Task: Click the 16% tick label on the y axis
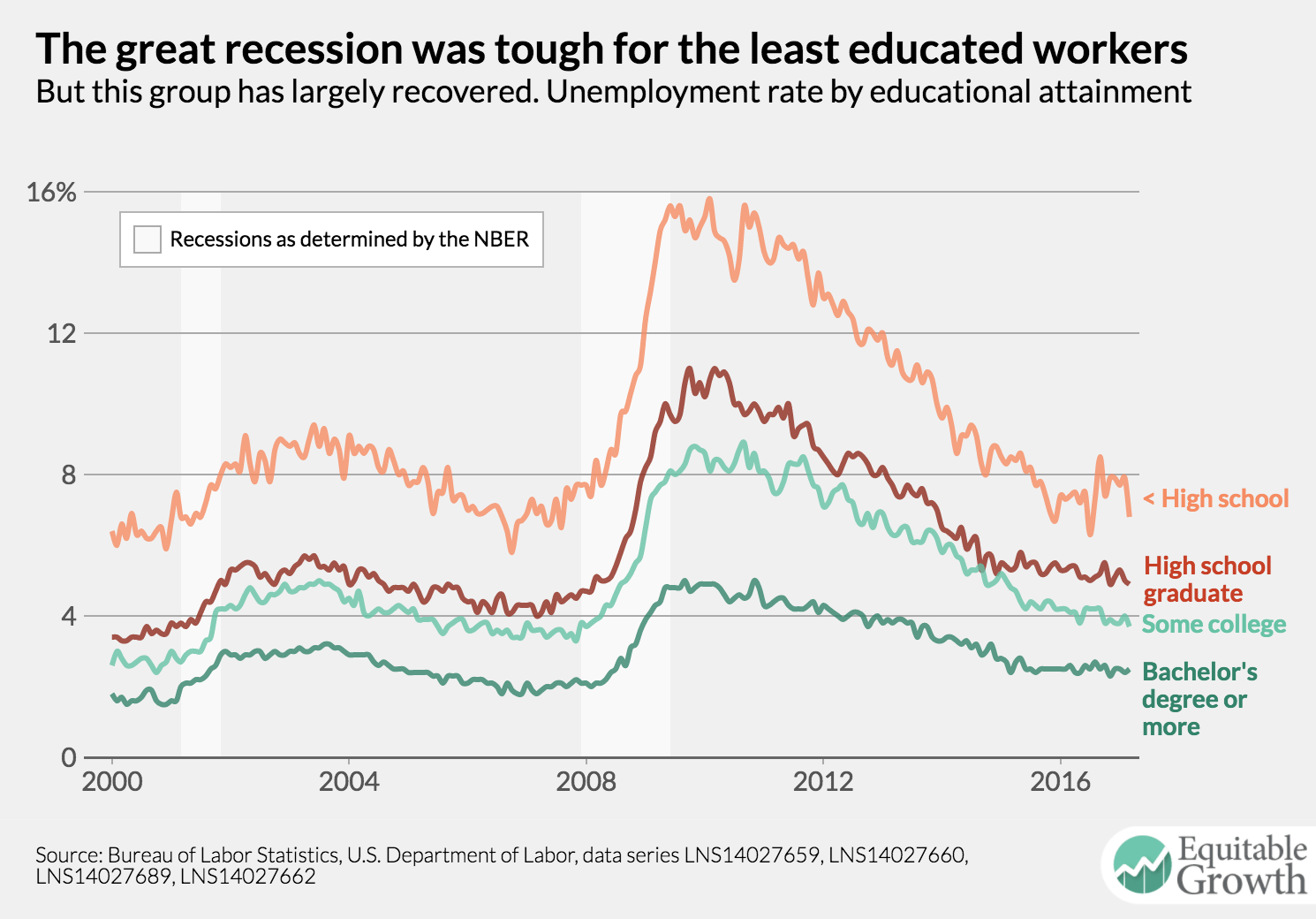[51, 193]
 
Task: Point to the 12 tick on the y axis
[62, 334]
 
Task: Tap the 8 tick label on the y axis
[69, 475]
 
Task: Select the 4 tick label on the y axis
[69, 617]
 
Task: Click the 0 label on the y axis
[69, 758]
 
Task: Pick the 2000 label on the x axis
[112, 782]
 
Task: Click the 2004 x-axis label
[349, 782]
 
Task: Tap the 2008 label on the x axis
[586, 782]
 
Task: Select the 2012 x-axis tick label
[823, 782]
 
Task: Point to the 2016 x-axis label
[1060, 782]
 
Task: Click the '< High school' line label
[1216, 499]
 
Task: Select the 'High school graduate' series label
[1206, 580]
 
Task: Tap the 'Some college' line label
[1214, 625]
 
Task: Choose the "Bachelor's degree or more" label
[1199, 699]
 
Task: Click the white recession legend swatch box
[147, 239]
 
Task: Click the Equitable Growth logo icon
[1143, 864]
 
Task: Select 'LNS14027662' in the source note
[248, 877]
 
